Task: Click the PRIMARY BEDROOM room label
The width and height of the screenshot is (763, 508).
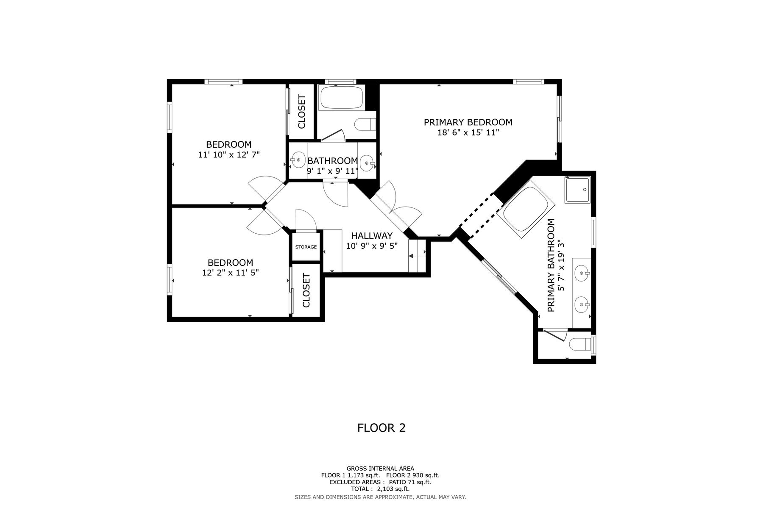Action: point(468,122)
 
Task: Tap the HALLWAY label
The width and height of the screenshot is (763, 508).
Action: point(372,236)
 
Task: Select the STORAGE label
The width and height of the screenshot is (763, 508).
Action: point(306,247)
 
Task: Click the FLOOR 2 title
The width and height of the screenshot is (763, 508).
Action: point(381,428)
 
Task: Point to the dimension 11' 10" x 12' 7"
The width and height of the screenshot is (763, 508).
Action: point(229,155)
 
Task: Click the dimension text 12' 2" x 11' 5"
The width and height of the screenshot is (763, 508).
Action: point(231,273)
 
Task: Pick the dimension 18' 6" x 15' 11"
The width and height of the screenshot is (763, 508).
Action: point(468,133)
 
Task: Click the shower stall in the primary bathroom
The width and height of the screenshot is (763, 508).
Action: point(577,190)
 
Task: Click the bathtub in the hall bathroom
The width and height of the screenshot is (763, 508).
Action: point(341,98)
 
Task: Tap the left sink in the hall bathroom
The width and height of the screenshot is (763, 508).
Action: point(299,160)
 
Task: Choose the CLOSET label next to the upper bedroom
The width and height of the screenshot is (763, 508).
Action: point(302,112)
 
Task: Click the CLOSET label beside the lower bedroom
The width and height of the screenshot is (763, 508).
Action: point(306,290)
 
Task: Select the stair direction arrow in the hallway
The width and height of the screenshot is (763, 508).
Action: point(418,256)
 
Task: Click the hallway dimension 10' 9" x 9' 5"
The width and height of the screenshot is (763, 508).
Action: point(372,246)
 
